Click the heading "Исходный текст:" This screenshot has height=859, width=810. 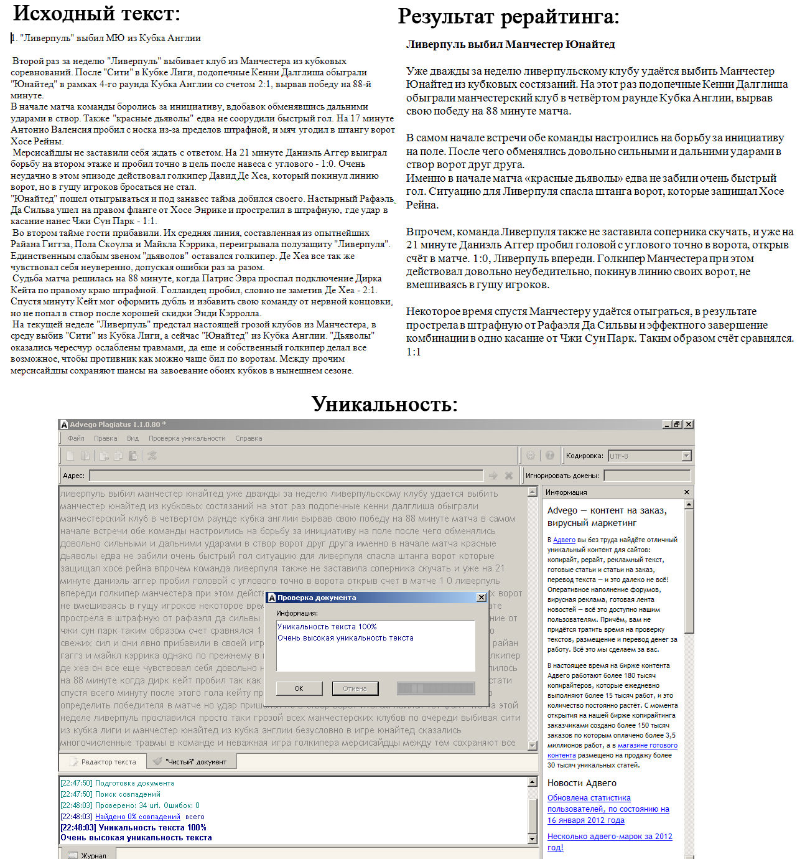[96, 13]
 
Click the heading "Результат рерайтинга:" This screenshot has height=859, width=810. [508, 17]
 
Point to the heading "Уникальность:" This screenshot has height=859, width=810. [384, 404]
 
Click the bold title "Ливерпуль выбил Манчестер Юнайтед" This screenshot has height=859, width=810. [510, 44]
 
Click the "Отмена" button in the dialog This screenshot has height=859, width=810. [355, 688]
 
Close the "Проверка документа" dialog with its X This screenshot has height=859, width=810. [481, 598]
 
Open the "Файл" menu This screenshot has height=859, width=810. [76, 438]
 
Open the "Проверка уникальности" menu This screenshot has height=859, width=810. [187, 438]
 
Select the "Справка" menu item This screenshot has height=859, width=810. [249, 438]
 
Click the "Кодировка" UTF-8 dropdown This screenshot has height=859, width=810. [649, 456]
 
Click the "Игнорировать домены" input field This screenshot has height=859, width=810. [647, 476]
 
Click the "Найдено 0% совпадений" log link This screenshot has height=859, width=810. [137, 817]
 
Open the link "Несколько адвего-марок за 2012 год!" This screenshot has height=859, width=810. [610, 837]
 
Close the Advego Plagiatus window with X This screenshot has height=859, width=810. [688, 425]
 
